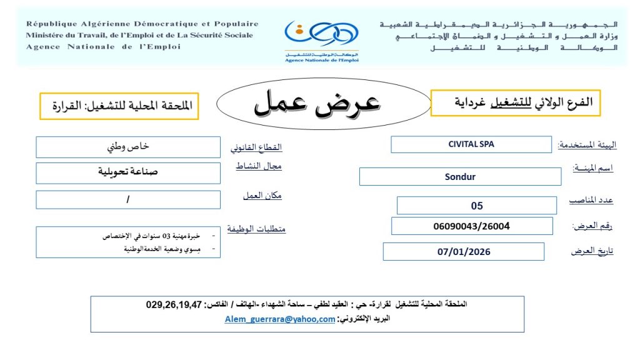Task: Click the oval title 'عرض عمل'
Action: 317,102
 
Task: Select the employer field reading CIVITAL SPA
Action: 471,144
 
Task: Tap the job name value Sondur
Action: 460,177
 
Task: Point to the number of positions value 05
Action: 477,206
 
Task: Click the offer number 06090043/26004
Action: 471,226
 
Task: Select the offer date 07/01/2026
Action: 464,252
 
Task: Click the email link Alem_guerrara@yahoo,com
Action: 280,319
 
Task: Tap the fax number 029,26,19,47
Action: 174,305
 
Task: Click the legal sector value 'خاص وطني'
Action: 129,147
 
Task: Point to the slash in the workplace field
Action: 128,199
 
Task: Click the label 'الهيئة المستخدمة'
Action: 587,145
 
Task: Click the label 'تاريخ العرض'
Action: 592,251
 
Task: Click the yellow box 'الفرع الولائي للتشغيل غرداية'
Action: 516,102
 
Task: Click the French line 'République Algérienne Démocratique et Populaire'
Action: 142,24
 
